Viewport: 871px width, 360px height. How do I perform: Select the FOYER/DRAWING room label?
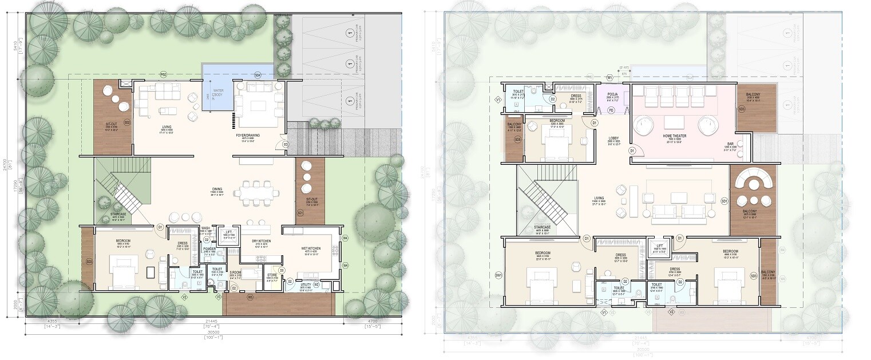point(251,136)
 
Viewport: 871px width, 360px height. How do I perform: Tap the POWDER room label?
point(209,249)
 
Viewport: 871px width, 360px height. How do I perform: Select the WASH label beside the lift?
point(206,228)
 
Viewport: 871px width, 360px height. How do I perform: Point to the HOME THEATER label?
point(675,136)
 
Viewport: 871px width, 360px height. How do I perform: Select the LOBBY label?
point(613,138)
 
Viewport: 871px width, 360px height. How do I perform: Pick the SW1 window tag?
point(498,275)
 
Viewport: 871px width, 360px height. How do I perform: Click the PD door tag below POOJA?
point(611,110)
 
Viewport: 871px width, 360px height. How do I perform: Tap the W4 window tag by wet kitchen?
point(345,266)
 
